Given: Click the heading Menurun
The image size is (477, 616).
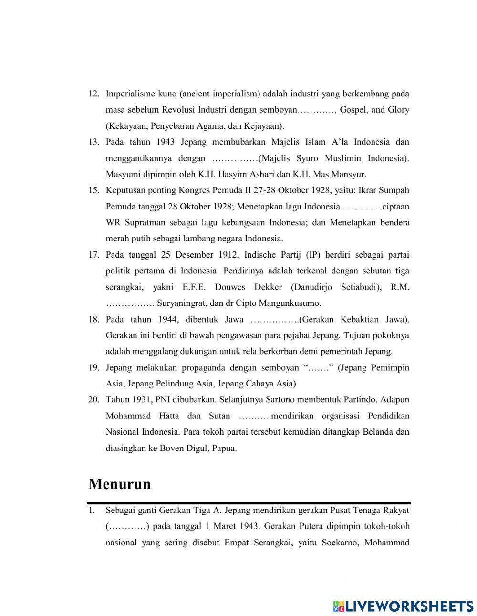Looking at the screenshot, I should pos(119,484).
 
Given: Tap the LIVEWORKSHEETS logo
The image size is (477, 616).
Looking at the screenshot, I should pos(403,606).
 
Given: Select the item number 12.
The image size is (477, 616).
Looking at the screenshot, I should pos(93,94).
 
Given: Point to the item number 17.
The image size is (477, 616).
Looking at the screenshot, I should pos(93,255).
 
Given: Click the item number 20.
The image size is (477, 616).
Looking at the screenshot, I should pos(93,400).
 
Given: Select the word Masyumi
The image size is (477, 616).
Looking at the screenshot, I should pos(121,174).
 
